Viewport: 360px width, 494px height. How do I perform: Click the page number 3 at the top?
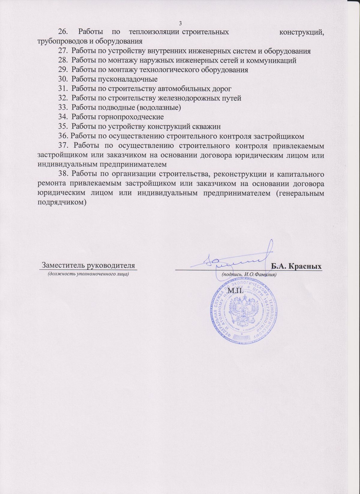[180, 23]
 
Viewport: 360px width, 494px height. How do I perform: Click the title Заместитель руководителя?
[88, 265]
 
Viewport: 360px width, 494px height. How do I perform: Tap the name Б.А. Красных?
[296, 266]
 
